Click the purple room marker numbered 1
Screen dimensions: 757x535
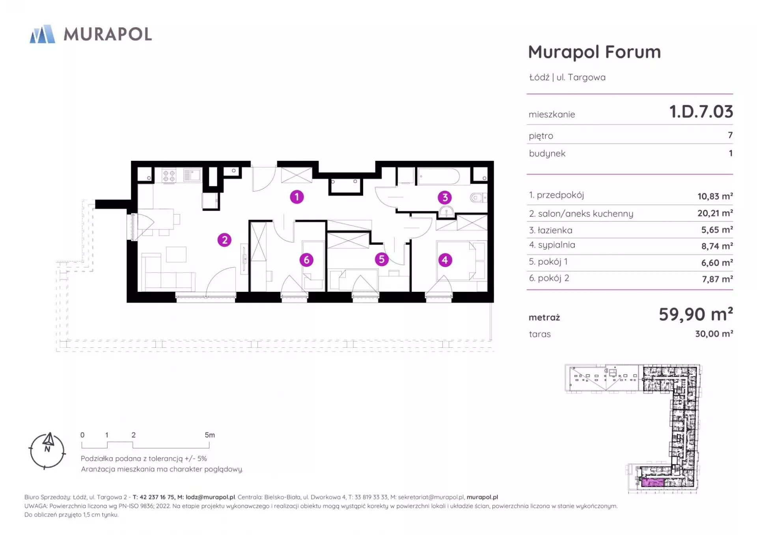[x=297, y=197]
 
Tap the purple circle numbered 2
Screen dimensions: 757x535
[x=224, y=240]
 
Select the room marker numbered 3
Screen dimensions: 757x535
[x=445, y=198]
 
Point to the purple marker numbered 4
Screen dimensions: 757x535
[x=445, y=260]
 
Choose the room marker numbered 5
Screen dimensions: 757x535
[x=381, y=259]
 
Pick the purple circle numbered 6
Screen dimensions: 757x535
[x=306, y=260]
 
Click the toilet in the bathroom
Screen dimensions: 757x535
[x=478, y=198]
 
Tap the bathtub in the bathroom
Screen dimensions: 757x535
[x=439, y=176]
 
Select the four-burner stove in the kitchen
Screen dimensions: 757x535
[x=169, y=176]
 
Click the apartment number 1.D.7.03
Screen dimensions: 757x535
[x=701, y=112]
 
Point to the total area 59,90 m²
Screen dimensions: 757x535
[x=696, y=314]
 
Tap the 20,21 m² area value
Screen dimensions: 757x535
[x=715, y=213]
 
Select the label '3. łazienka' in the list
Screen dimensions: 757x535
[x=551, y=230]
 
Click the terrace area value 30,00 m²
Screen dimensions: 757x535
[x=714, y=334]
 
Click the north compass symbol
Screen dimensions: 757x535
[x=47, y=451]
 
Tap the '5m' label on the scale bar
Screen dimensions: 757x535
[x=210, y=435]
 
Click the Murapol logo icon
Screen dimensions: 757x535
[x=43, y=34]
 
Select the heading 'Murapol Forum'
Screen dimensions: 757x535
[x=595, y=52]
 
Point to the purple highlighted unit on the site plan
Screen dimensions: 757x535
[x=653, y=483]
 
